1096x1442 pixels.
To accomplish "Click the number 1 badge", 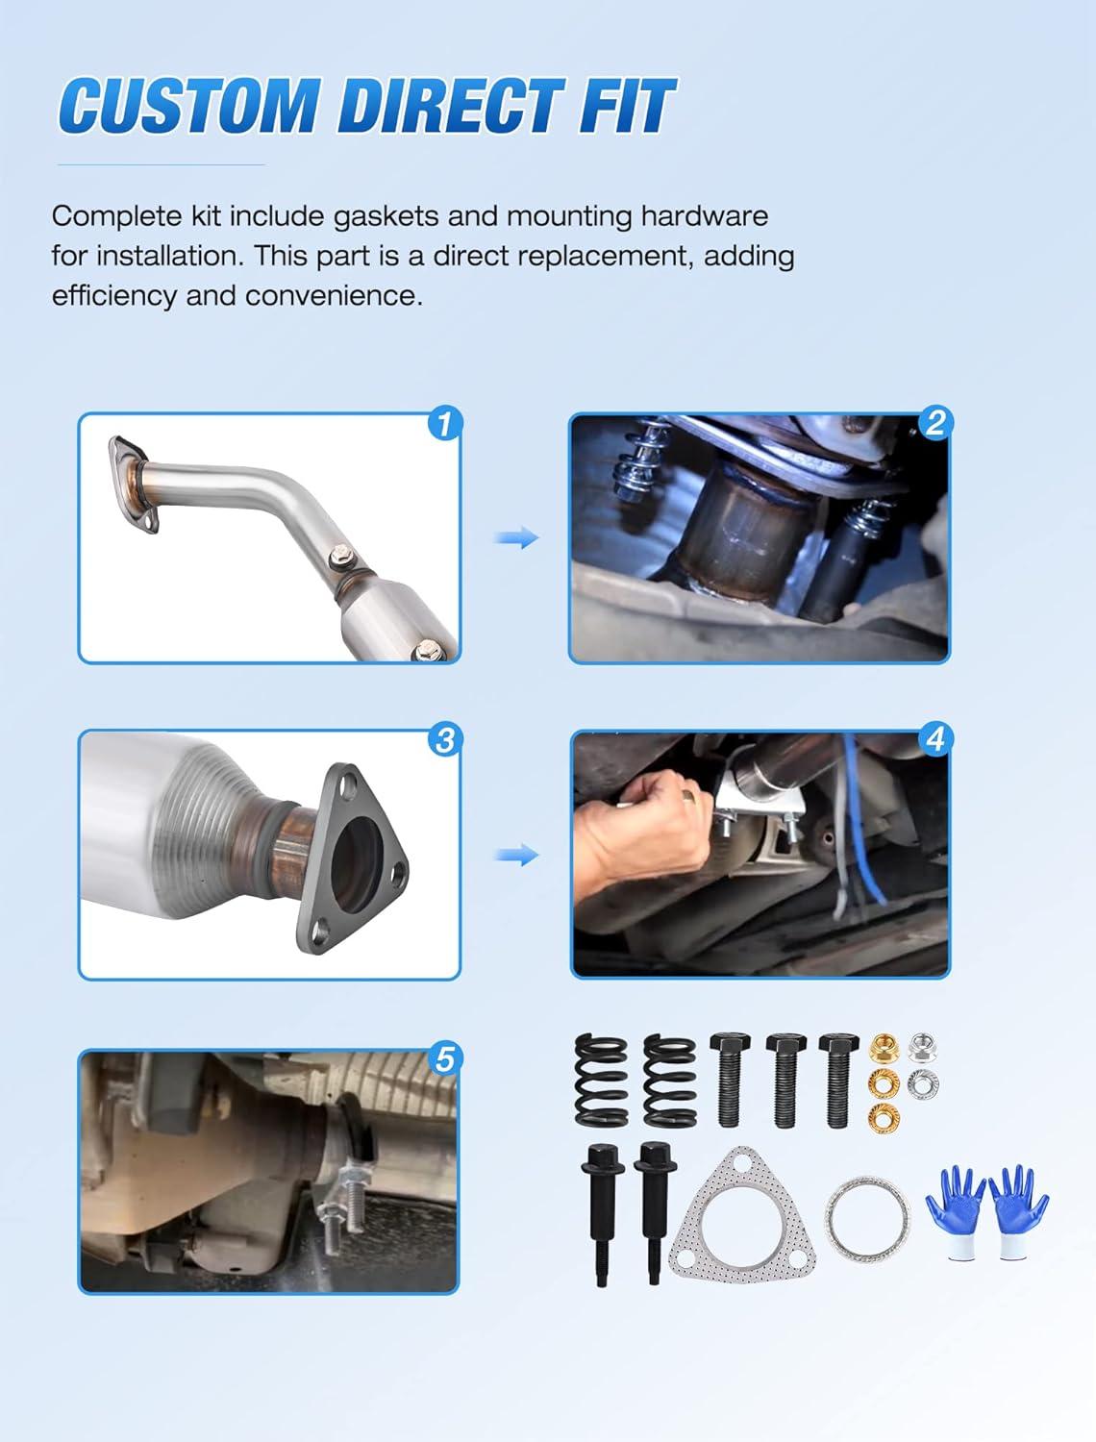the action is point(445,424).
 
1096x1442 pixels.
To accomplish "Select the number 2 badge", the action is point(935,422).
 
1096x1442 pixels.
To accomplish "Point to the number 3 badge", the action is point(445,740).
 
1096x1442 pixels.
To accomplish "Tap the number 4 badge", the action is point(935,739).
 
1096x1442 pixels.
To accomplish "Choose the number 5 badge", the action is point(444,1059).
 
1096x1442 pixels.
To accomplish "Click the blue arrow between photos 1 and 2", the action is point(516,537).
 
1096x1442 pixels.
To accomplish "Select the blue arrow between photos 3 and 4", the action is point(516,855).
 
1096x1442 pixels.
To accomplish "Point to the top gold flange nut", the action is point(884,1047).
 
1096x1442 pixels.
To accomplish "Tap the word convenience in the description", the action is point(335,296).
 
